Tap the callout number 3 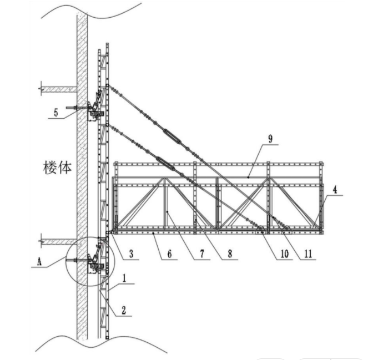(x=130, y=254)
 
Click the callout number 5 (x=56, y=112)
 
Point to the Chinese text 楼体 (x=57, y=167)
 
